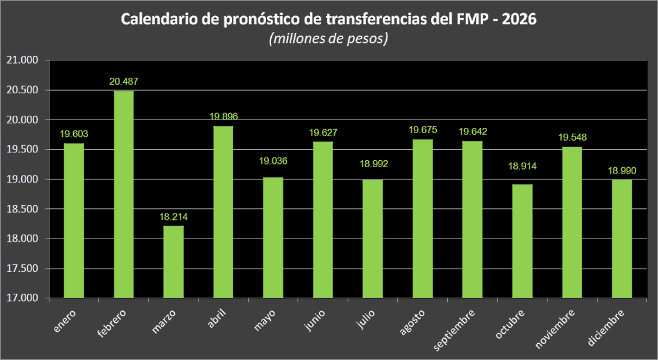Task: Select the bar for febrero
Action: tap(124, 194)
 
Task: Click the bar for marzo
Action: tap(173, 262)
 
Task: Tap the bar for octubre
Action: tap(522, 241)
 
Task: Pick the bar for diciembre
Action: tap(621, 239)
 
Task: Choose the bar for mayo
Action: tap(273, 237)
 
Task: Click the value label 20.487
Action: tap(124, 82)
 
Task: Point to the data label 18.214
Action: tap(173, 217)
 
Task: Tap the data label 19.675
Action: tap(423, 130)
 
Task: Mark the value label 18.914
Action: tap(522, 166)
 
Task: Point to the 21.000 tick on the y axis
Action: tap(22, 60)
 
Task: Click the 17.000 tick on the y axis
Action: tap(22, 298)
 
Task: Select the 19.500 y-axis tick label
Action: tap(22, 150)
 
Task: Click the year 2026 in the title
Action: tap(518, 20)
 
